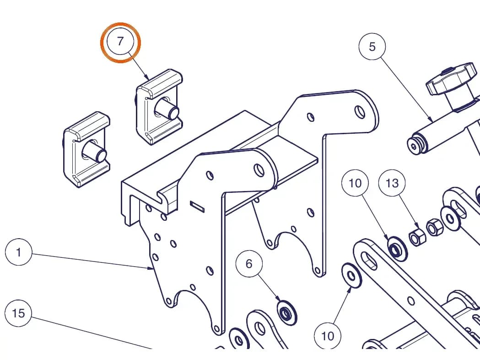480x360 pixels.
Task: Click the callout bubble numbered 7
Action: [120, 41]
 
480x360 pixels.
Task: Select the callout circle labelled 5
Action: [372, 47]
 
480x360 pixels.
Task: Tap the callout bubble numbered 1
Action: [19, 252]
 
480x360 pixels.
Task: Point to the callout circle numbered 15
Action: [18, 313]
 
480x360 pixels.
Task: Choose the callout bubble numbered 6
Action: [249, 263]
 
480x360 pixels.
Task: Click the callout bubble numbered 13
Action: [392, 183]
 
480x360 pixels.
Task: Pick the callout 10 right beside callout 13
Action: [355, 183]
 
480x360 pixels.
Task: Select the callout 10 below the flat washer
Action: [328, 336]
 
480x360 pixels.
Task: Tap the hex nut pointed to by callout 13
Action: [417, 237]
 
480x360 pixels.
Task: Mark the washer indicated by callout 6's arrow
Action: [286, 313]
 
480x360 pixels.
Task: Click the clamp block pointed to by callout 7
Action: [159, 107]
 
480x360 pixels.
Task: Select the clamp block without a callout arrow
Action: [86, 149]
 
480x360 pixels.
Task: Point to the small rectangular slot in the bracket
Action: [198, 207]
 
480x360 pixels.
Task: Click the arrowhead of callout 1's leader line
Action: [151, 268]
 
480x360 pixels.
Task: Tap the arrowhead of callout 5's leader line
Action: [431, 120]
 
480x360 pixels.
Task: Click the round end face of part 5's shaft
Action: [414, 147]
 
